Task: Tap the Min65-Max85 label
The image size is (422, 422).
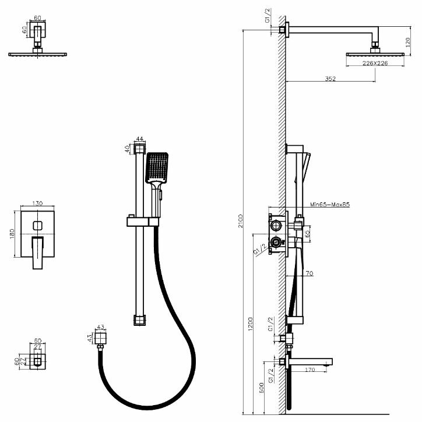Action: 330,205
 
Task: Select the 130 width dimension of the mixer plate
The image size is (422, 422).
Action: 38,203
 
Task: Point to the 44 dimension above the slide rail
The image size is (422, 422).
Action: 139,139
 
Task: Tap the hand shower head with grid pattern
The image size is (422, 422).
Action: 157,167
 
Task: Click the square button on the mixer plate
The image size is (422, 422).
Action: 38,224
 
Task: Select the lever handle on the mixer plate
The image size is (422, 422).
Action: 38,252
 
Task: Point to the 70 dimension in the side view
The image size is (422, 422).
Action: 309,273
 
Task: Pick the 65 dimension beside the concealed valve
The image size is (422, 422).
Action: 307,235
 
